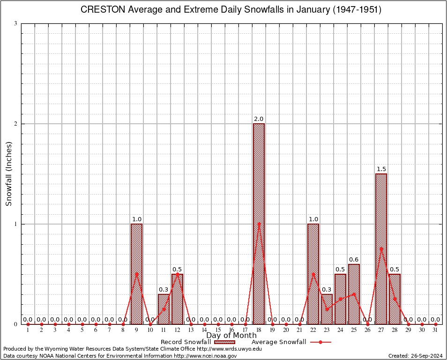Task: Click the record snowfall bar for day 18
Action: (259, 224)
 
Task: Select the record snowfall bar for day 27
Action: (381, 249)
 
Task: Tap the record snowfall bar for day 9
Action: (136, 274)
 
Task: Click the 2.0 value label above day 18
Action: (259, 119)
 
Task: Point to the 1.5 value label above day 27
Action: (381, 169)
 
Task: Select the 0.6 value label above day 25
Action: (354, 259)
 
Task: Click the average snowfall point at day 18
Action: (259, 224)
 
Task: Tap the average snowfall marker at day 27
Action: (381, 249)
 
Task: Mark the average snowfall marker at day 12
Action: (177, 274)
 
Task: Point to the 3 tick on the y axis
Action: (15, 23)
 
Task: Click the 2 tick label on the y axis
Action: (15, 124)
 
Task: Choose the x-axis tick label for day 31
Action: (435, 330)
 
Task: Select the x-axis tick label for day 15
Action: (218, 330)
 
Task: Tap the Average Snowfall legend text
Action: (278, 342)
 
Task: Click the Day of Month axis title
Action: (231, 336)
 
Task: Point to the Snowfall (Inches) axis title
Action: (8, 173)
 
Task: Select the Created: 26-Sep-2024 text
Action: (415, 356)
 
